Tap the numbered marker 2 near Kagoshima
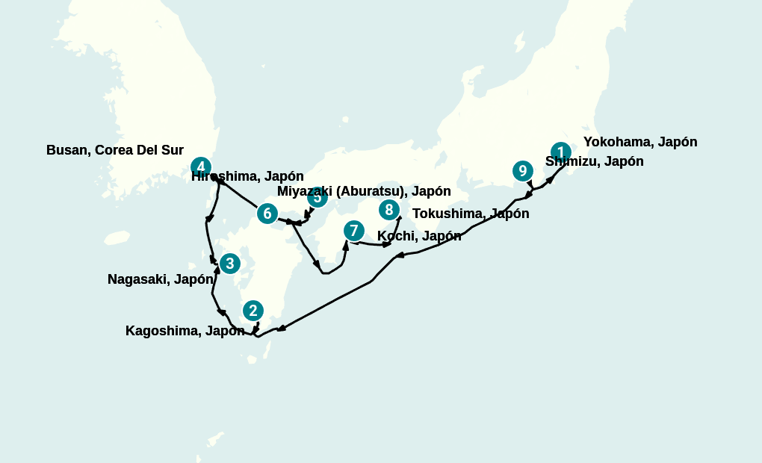click(253, 311)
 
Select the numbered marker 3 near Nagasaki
click(229, 264)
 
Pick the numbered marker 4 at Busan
click(200, 167)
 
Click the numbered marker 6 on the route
click(267, 214)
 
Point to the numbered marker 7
click(353, 231)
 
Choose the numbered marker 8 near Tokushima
click(388, 210)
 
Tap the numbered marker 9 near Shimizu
click(522, 171)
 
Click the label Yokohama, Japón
click(640, 142)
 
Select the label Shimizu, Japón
click(595, 161)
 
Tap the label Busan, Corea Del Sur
click(115, 150)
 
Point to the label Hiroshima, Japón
click(247, 177)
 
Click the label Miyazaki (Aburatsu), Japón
click(364, 191)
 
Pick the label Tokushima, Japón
click(471, 214)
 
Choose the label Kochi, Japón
click(419, 236)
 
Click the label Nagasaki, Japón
click(161, 279)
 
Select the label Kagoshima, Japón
click(185, 331)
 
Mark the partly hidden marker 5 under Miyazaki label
click(317, 199)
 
